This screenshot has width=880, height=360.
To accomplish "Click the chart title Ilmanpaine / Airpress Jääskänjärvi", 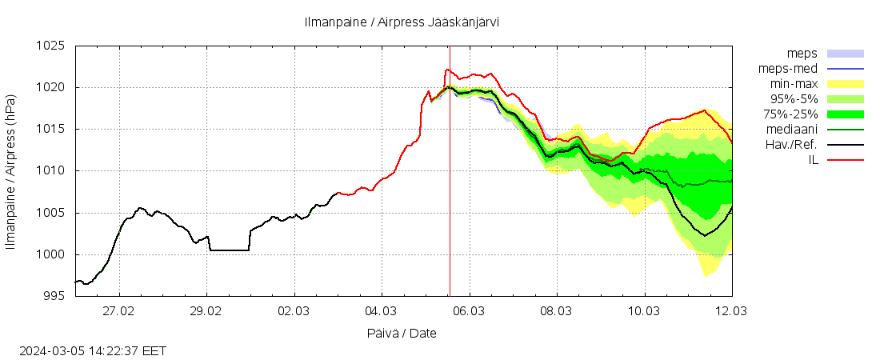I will [x=402, y=22].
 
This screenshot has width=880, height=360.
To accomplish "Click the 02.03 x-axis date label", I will [x=294, y=311].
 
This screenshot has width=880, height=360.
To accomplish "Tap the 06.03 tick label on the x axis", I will [x=469, y=311].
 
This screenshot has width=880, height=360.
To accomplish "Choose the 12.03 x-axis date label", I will [x=731, y=311].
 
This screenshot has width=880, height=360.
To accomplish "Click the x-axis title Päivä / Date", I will [x=402, y=333].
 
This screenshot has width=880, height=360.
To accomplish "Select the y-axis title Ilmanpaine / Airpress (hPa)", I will [x=10, y=171].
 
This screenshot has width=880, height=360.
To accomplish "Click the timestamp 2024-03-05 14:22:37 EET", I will [x=93, y=350].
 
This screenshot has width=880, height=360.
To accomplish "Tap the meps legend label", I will [x=802, y=54].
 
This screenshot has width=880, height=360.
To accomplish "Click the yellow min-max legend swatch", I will [x=845, y=84].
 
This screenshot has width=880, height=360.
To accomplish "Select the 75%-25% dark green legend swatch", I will [x=845, y=114].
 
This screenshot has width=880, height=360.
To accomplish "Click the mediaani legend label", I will [x=791, y=130].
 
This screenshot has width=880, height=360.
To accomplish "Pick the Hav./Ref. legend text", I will [x=790, y=145].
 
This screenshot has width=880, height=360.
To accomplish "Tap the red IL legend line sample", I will [x=845, y=160].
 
